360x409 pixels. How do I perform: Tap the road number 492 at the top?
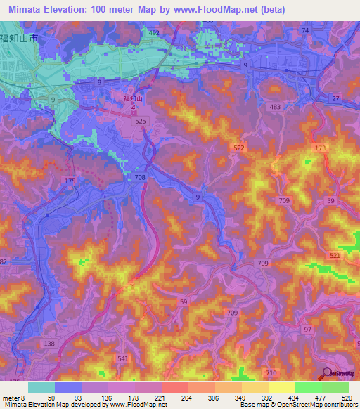[x=153, y=32]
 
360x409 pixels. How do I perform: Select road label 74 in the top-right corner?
[x=304, y=31]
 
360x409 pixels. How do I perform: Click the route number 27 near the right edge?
[x=335, y=98]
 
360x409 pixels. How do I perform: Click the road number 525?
[x=139, y=122]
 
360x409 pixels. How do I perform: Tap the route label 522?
[x=240, y=147]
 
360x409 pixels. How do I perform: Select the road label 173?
[x=321, y=148]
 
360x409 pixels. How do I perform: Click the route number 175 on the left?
[x=70, y=182]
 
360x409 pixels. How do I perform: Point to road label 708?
[x=140, y=178]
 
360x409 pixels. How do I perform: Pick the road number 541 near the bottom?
[x=103, y=359]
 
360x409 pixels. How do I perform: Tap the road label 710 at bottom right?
[x=271, y=372]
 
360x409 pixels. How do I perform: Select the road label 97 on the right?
[x=307, y=330]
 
